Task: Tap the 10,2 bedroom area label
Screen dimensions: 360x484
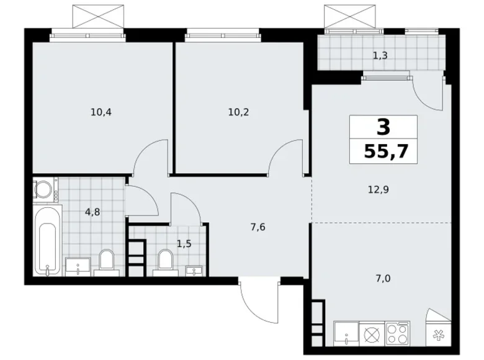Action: tap(240, 112)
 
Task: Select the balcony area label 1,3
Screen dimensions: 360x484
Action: tap(380, 56)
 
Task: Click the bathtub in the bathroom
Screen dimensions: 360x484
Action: tap(46, 243)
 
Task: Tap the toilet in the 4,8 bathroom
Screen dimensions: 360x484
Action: tap(107, 262)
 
